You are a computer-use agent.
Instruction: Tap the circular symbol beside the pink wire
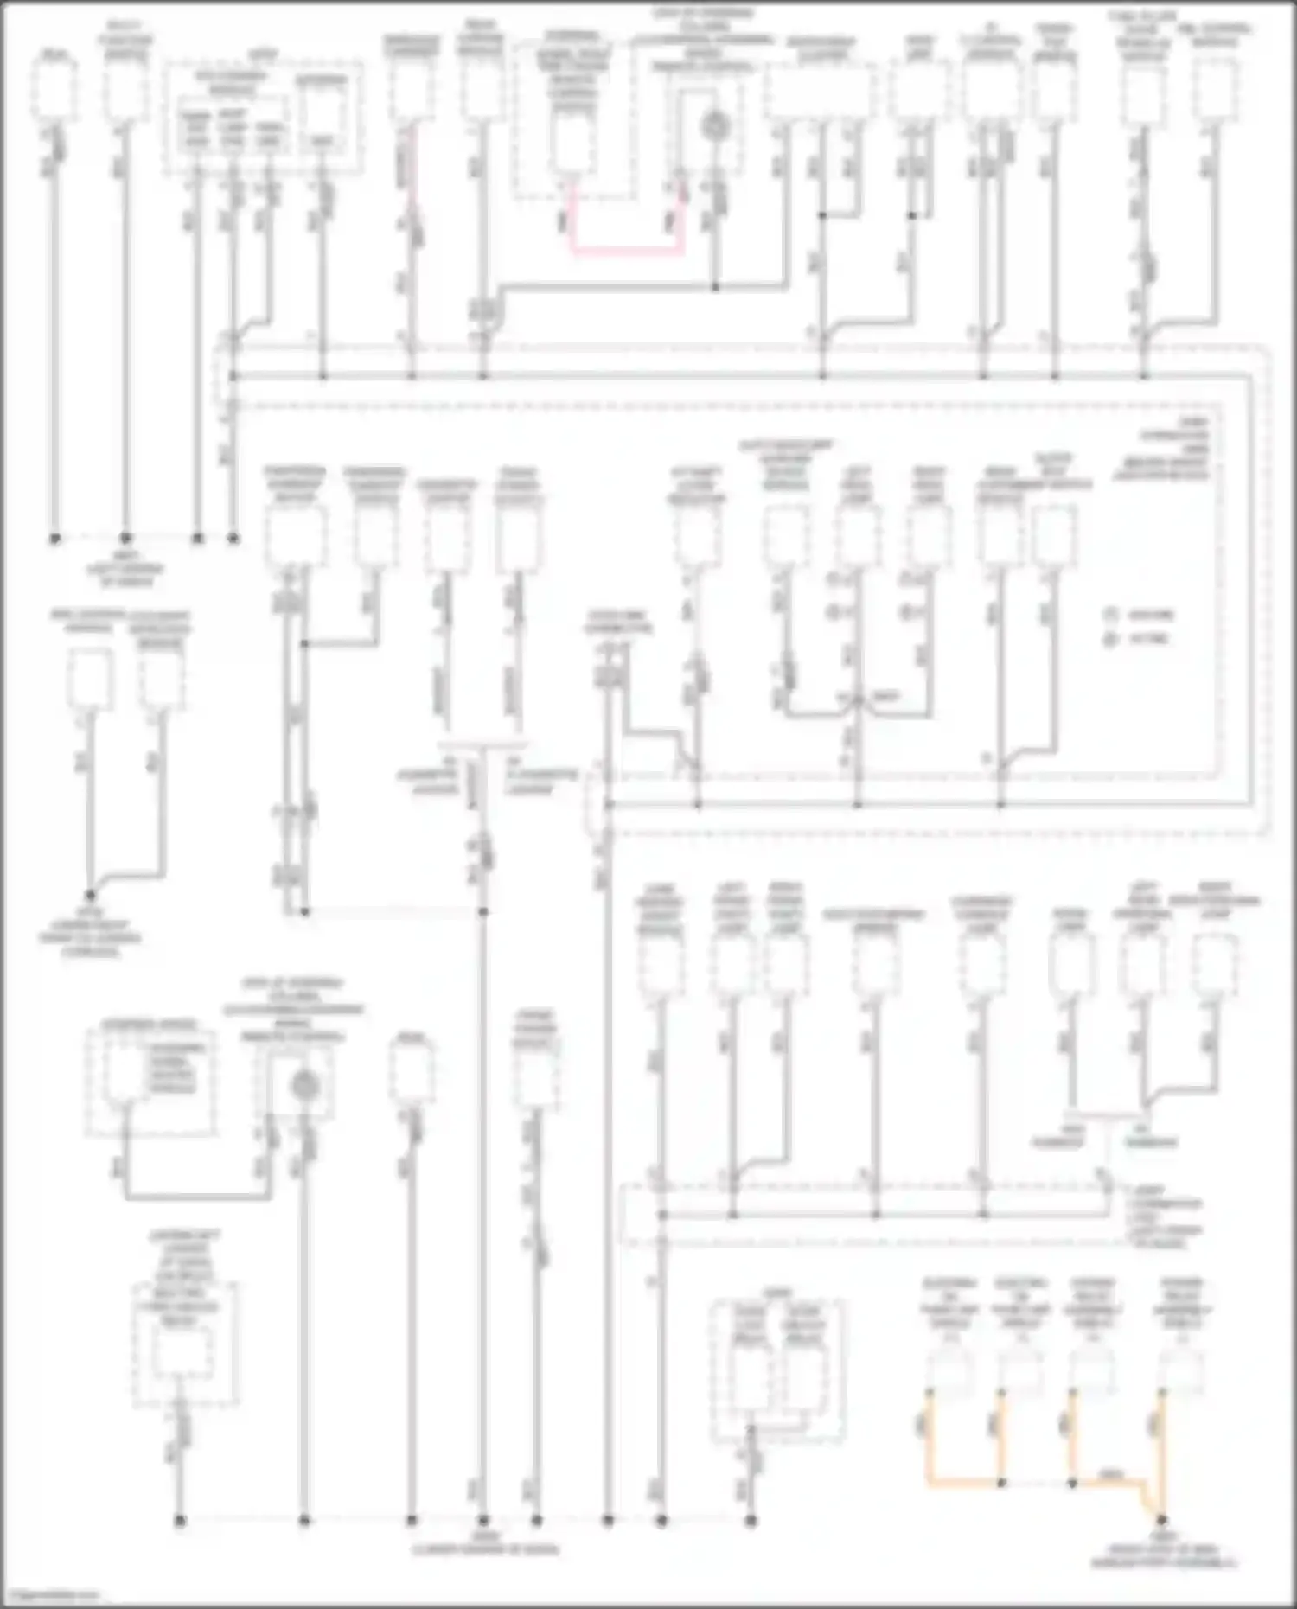pyautogui.click(x=714, y=127)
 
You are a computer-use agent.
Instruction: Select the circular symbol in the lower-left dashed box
pyautogui.click(x=303, y=1084)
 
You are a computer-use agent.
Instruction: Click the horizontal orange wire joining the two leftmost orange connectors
pyautogui.click(x=965, y=1482)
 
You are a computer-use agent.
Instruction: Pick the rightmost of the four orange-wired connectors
pyautogui.click(x=1181, y=1370)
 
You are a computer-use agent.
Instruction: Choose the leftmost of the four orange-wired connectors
pyautogui.click(x=950, y=1370)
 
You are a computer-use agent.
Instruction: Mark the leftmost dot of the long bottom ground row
pyautogui.click(x=180, y=1519)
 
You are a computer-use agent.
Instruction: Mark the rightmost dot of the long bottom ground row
pyautogui.click(x=751, y=1519)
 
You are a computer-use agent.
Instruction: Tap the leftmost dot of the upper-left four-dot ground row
pyautogui.click(x=54, y=538)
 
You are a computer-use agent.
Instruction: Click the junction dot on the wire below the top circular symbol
pyautogui.click(x=715, y=286)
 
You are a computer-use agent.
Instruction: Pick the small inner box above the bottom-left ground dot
pyautogui.click(x=182, y=1353)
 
